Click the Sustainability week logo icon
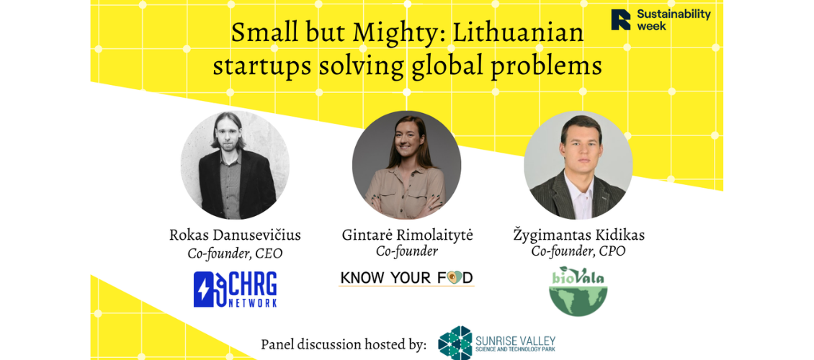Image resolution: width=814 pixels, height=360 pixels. [620, 19]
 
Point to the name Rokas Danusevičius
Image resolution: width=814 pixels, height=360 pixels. [235, 235]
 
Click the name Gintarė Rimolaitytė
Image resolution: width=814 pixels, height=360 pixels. [408, 235]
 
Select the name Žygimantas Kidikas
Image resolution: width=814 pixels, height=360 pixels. [578, 235]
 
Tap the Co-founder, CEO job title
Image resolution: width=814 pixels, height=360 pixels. [235, 253]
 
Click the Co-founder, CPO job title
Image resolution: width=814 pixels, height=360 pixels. [578, 251]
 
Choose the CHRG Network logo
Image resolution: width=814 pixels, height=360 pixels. [235, 289]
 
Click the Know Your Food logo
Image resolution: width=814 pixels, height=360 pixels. [406, 278]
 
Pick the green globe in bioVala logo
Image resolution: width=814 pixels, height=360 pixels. [578, 300]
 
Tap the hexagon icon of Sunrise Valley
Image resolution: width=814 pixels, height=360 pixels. [455, 343]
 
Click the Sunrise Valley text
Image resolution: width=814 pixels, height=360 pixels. [516, 343]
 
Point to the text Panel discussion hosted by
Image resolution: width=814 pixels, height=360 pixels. [344, 344]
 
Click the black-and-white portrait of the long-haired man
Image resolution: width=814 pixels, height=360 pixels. [235, 165]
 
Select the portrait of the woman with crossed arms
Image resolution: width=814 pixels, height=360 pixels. [406, 165]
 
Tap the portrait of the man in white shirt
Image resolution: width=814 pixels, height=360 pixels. [578, 165]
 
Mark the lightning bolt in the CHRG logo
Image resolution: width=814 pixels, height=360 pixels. [202, 289]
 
